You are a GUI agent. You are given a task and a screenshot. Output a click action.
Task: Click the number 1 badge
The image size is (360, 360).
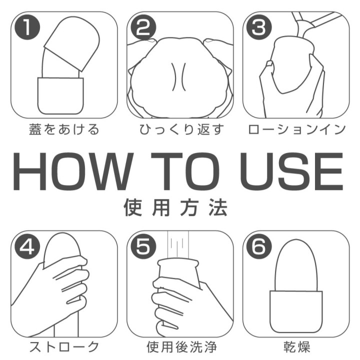[x=26, y=28]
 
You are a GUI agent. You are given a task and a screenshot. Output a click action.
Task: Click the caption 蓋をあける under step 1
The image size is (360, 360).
[x=63, y=130]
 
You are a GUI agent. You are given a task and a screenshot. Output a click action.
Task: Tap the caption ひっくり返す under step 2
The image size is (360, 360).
[x=179, y=130]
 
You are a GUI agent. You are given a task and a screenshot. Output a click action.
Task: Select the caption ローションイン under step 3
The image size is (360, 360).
[x=296, y=130]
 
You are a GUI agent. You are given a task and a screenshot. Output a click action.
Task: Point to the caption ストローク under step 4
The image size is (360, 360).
[x=63, y=346]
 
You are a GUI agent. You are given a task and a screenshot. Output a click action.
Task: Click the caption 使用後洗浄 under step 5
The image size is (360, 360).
[x=179, y=346]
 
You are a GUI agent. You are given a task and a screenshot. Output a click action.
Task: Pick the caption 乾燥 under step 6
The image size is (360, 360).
[x=296, y=346]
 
